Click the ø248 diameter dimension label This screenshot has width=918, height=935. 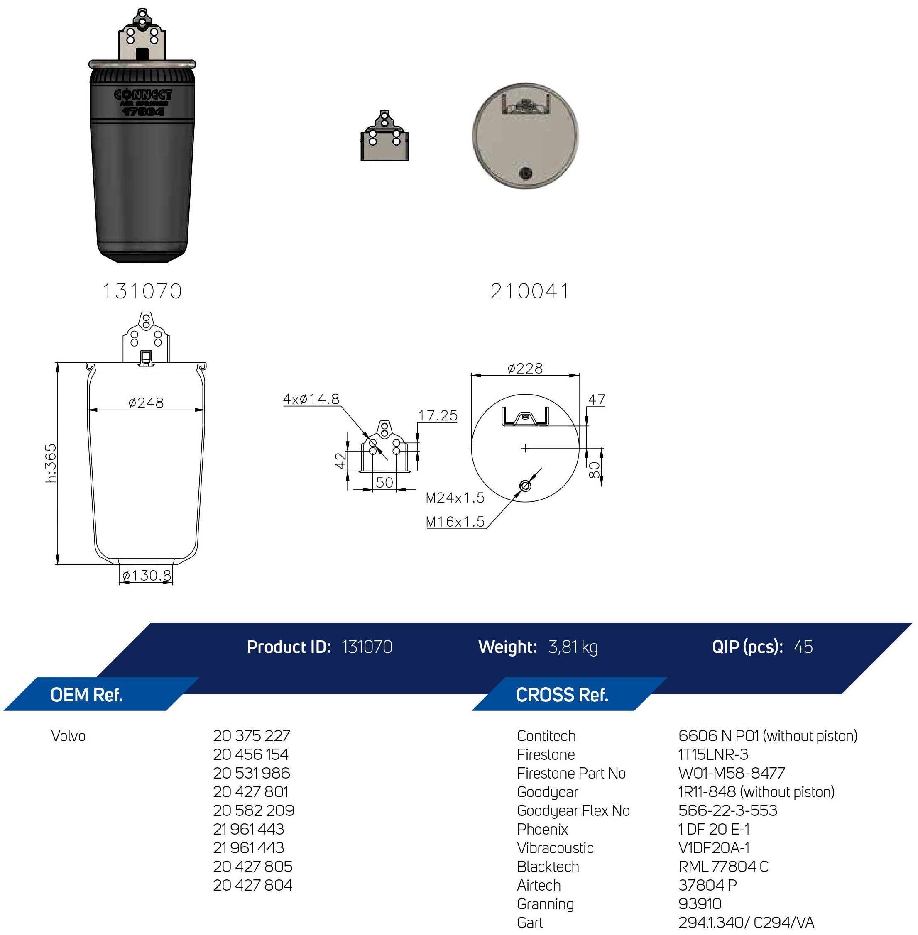pos(146,403)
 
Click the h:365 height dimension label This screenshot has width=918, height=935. pos(51,463)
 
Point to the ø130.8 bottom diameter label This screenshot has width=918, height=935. pos(146,576)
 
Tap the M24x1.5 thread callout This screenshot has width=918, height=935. pos(455,498)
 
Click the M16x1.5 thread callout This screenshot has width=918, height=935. pos(455,522)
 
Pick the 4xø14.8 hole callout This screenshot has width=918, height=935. pos(311,399)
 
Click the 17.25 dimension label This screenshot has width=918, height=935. pos(437,415)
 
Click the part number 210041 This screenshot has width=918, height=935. pos(529,291)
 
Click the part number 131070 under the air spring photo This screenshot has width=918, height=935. pos(142,291)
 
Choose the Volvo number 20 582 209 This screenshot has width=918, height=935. pos(253,810)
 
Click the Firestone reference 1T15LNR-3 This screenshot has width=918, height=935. pos(712,754)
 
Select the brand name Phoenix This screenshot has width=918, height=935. pos(542,829)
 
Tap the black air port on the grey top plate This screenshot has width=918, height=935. pos(526,174)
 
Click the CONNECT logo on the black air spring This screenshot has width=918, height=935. pos(143,95)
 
